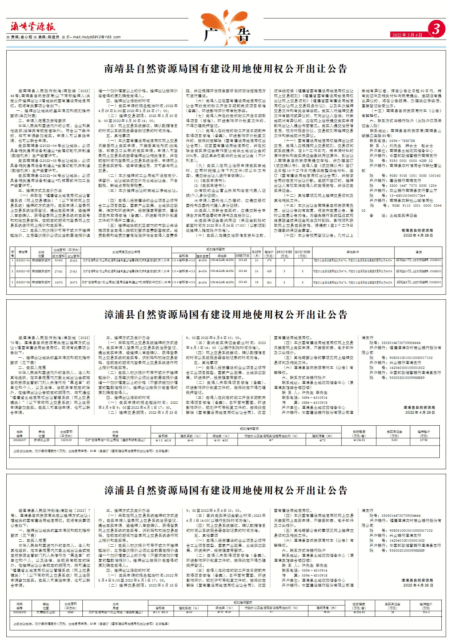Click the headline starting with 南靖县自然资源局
(x=226, y=69)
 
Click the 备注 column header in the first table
(x=418, y=252)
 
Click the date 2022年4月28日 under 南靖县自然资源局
(x=418, y=235)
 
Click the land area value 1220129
(x=66, y=440)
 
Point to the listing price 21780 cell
(x=424, y=440)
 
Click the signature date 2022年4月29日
(x=419, y=412)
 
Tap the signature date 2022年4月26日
(x=418, y=585)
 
